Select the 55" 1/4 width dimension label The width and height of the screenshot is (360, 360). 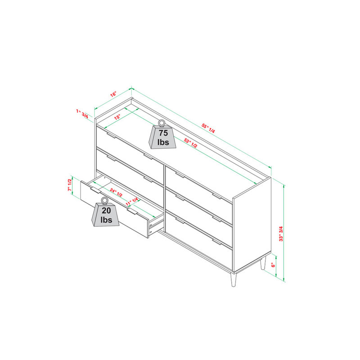(x=208, y=127)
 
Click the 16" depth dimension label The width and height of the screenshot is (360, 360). (x=113, y=94)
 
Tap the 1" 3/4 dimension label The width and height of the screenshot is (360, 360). (x=82, y=114)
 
